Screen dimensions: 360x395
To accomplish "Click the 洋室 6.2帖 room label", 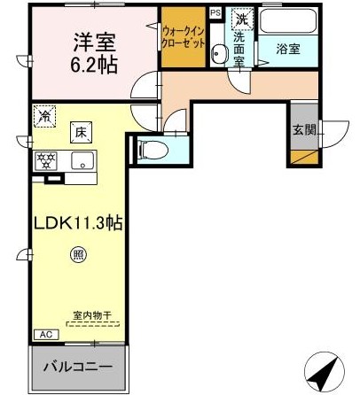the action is pyautogui.click(x=95, y=53).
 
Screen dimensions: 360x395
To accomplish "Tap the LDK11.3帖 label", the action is pyautogui.click(x=78, y=223).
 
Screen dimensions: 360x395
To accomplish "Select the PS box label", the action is pyautogui.click(x=215, y=13).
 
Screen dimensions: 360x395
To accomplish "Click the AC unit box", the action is pyautogui.click(x=46, y=335).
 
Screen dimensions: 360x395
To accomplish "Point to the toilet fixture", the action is pyautogui.click(x=153, y=150).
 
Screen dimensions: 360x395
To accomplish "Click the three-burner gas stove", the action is pyautogui.click(x=46, y=160).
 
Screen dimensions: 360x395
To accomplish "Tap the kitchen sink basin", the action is pyautogui.click(x=82, y=160).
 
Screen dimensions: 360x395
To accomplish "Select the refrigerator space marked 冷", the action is pyautogui.click(x=44, y=116).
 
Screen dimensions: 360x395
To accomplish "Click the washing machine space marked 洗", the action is pyautogui.click(x=243, y=19).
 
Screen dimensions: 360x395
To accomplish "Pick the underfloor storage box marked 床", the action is pyautogui.click(x=81, y=133).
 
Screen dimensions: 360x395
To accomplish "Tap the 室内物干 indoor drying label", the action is pyautogui.click(x=92, y=315).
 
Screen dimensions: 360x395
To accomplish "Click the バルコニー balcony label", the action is pyautogui.click(x=78, y=367).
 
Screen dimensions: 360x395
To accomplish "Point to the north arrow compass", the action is pyautogui.click(x=325, y=371).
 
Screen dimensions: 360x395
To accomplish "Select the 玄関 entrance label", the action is pyautogui.click(x=304, y=129).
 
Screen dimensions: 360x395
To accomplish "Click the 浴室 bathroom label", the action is pyautogui.click(x=288, y=49).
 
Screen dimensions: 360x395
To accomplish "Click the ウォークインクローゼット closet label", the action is pyautogui.click(x=184, y=37).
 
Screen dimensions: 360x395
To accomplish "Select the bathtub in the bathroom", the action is pyautogui.click(x=288, y=20).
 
